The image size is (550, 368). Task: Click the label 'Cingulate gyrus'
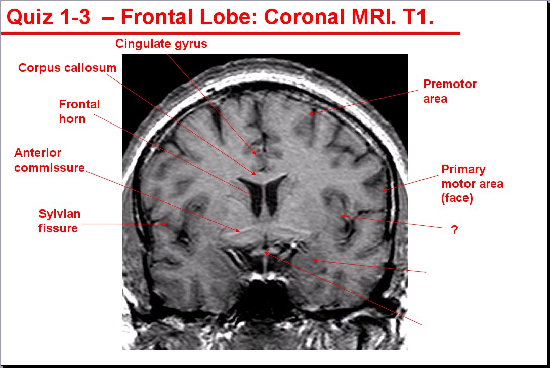161,44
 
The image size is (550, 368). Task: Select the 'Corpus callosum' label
67,68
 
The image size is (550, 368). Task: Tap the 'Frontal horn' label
79,111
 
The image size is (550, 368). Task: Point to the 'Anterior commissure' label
50,160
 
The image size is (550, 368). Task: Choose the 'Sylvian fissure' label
59,221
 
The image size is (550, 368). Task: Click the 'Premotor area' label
450,91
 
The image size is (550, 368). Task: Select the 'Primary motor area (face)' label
472,183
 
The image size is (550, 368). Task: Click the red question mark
454,230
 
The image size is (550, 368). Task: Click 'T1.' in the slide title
419,17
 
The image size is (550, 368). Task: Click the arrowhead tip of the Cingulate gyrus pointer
256,154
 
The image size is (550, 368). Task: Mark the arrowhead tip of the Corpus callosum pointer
256,175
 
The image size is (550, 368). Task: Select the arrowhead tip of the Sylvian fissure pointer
167,223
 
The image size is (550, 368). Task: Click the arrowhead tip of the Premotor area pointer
309,114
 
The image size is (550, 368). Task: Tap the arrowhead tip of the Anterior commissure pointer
240,231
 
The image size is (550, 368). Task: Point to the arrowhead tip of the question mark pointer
342,216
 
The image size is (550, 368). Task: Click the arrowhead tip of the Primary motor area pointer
383,191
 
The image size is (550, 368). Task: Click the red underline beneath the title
230,33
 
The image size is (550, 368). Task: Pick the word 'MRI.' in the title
373,17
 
